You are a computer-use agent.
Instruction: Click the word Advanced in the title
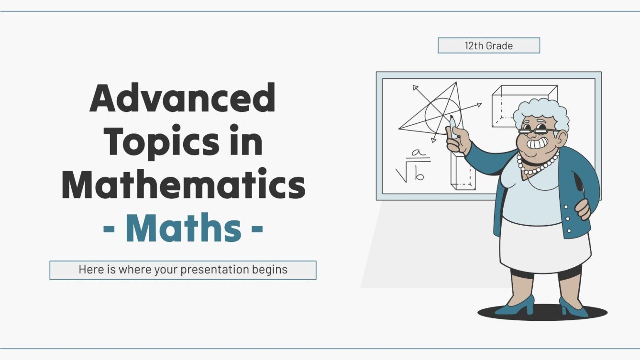pyautogui.click(x=182, y=98)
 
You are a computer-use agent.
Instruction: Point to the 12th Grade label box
pyautogui.click(x=488, y=46)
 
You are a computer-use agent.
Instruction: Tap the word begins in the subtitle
pyautogui.click(x=270, y=270)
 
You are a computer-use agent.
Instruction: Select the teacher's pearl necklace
pyautogui.click(x=538, y=165)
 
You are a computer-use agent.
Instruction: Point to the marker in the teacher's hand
pyautogui.click(x=452, y=125)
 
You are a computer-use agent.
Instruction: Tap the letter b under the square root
pyautogui.click(x=419, y=175)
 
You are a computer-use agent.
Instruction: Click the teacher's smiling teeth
pyautogui.click(x=539, y=144)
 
